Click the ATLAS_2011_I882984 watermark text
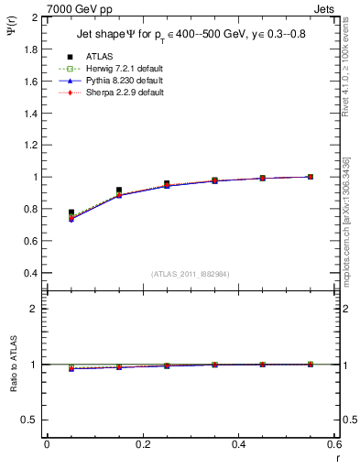pyautogui.click(x=191, y=274)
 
